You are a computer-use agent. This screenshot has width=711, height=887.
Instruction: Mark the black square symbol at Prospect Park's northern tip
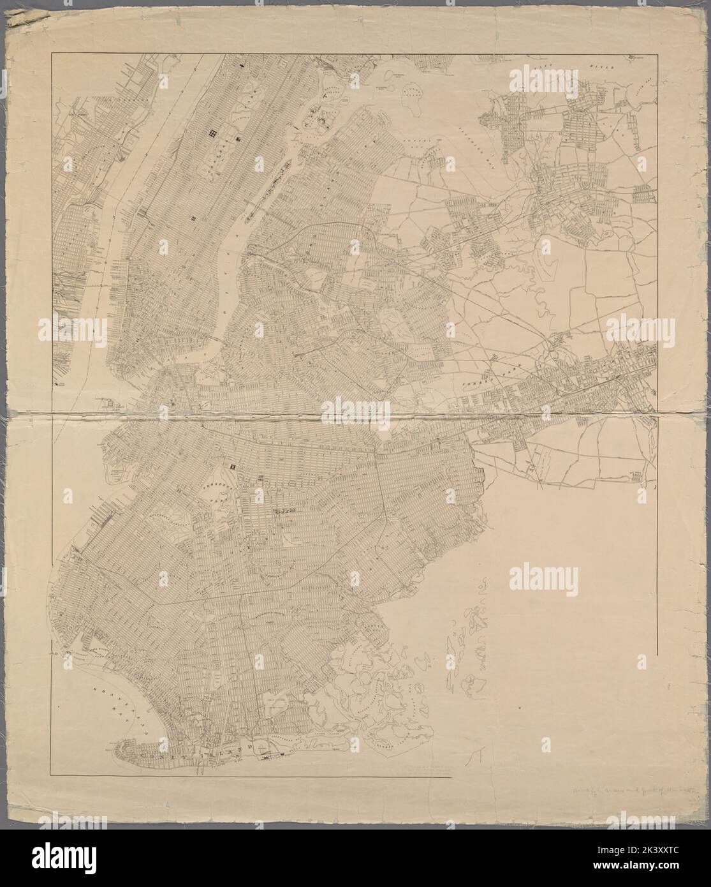[234, 466]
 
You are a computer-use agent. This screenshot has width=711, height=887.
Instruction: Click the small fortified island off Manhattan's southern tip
[109, 403]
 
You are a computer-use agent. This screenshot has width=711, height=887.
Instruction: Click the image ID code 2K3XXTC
[675, 877]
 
